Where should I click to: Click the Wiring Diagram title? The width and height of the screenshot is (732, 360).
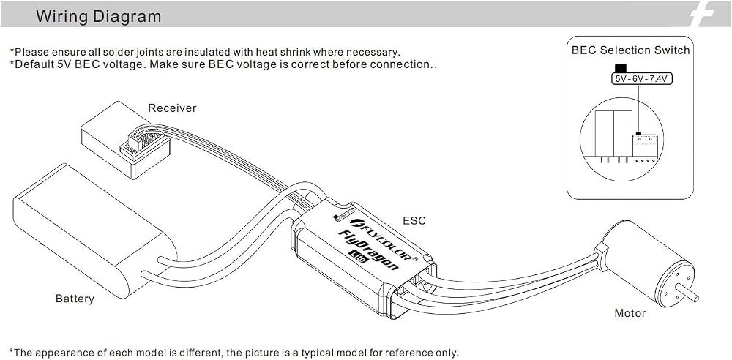pos(99,16)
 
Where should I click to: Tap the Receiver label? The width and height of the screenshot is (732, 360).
pos(172,108)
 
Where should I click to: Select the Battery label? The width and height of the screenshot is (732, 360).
pos(75,299)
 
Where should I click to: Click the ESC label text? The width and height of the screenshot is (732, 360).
pos(414,220)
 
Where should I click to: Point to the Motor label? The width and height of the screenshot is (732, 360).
pos(630,313)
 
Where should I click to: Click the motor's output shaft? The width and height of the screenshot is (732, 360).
pos(688,293)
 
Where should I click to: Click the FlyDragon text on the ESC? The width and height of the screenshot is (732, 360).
pos(368,250)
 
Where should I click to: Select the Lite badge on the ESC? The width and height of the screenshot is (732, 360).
pos(358,257)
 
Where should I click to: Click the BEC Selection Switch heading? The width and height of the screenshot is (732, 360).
pos(630,50)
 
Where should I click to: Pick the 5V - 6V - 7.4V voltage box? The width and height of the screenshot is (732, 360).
pos(642,79)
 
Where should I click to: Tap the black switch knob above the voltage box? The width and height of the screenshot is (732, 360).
pos(621,68)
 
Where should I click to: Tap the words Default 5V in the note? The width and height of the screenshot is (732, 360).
pos(40,64)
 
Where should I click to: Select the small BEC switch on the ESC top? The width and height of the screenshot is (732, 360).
pos(342,216)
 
